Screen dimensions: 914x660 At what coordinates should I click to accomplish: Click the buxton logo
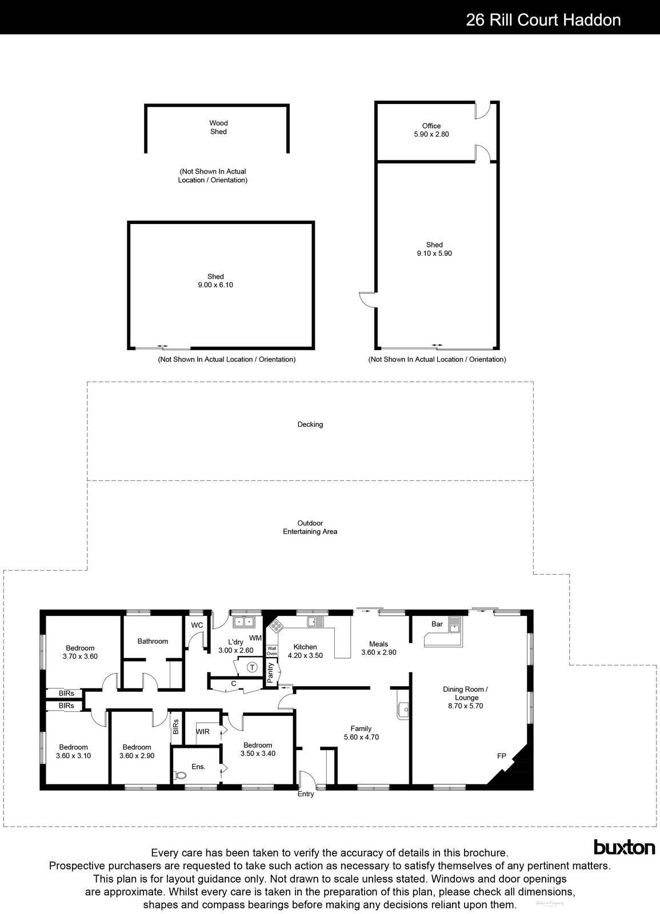coord(624,847)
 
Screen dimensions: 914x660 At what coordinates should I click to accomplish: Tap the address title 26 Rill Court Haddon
coord(543,20)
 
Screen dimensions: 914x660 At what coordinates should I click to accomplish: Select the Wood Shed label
coord(218,127)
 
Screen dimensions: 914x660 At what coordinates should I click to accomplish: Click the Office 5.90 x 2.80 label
coord(431,130)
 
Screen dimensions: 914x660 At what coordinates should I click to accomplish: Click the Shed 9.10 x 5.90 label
coord(434,249)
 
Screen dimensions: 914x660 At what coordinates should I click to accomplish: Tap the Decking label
coord(310,424)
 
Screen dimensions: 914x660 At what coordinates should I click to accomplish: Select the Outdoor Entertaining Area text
coord(310,527)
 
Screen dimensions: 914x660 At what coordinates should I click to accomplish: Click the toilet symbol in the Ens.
coord(179,776)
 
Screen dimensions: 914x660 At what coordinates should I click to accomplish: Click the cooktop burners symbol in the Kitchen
coord(276,626)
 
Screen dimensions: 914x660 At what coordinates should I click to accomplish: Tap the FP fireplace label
coord(501,756)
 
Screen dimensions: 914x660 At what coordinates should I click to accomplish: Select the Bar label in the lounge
coord(437,624)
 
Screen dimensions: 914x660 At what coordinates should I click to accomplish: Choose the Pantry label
coord(271,672)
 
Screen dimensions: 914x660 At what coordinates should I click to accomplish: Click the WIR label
coord(202,732)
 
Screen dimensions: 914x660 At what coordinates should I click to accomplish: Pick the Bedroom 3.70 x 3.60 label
coord(80,652)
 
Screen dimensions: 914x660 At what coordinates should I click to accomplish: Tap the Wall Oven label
coord(272,651)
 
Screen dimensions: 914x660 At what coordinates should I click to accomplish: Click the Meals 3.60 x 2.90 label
coord(378,648)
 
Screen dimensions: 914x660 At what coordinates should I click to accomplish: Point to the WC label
coord(197,626)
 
